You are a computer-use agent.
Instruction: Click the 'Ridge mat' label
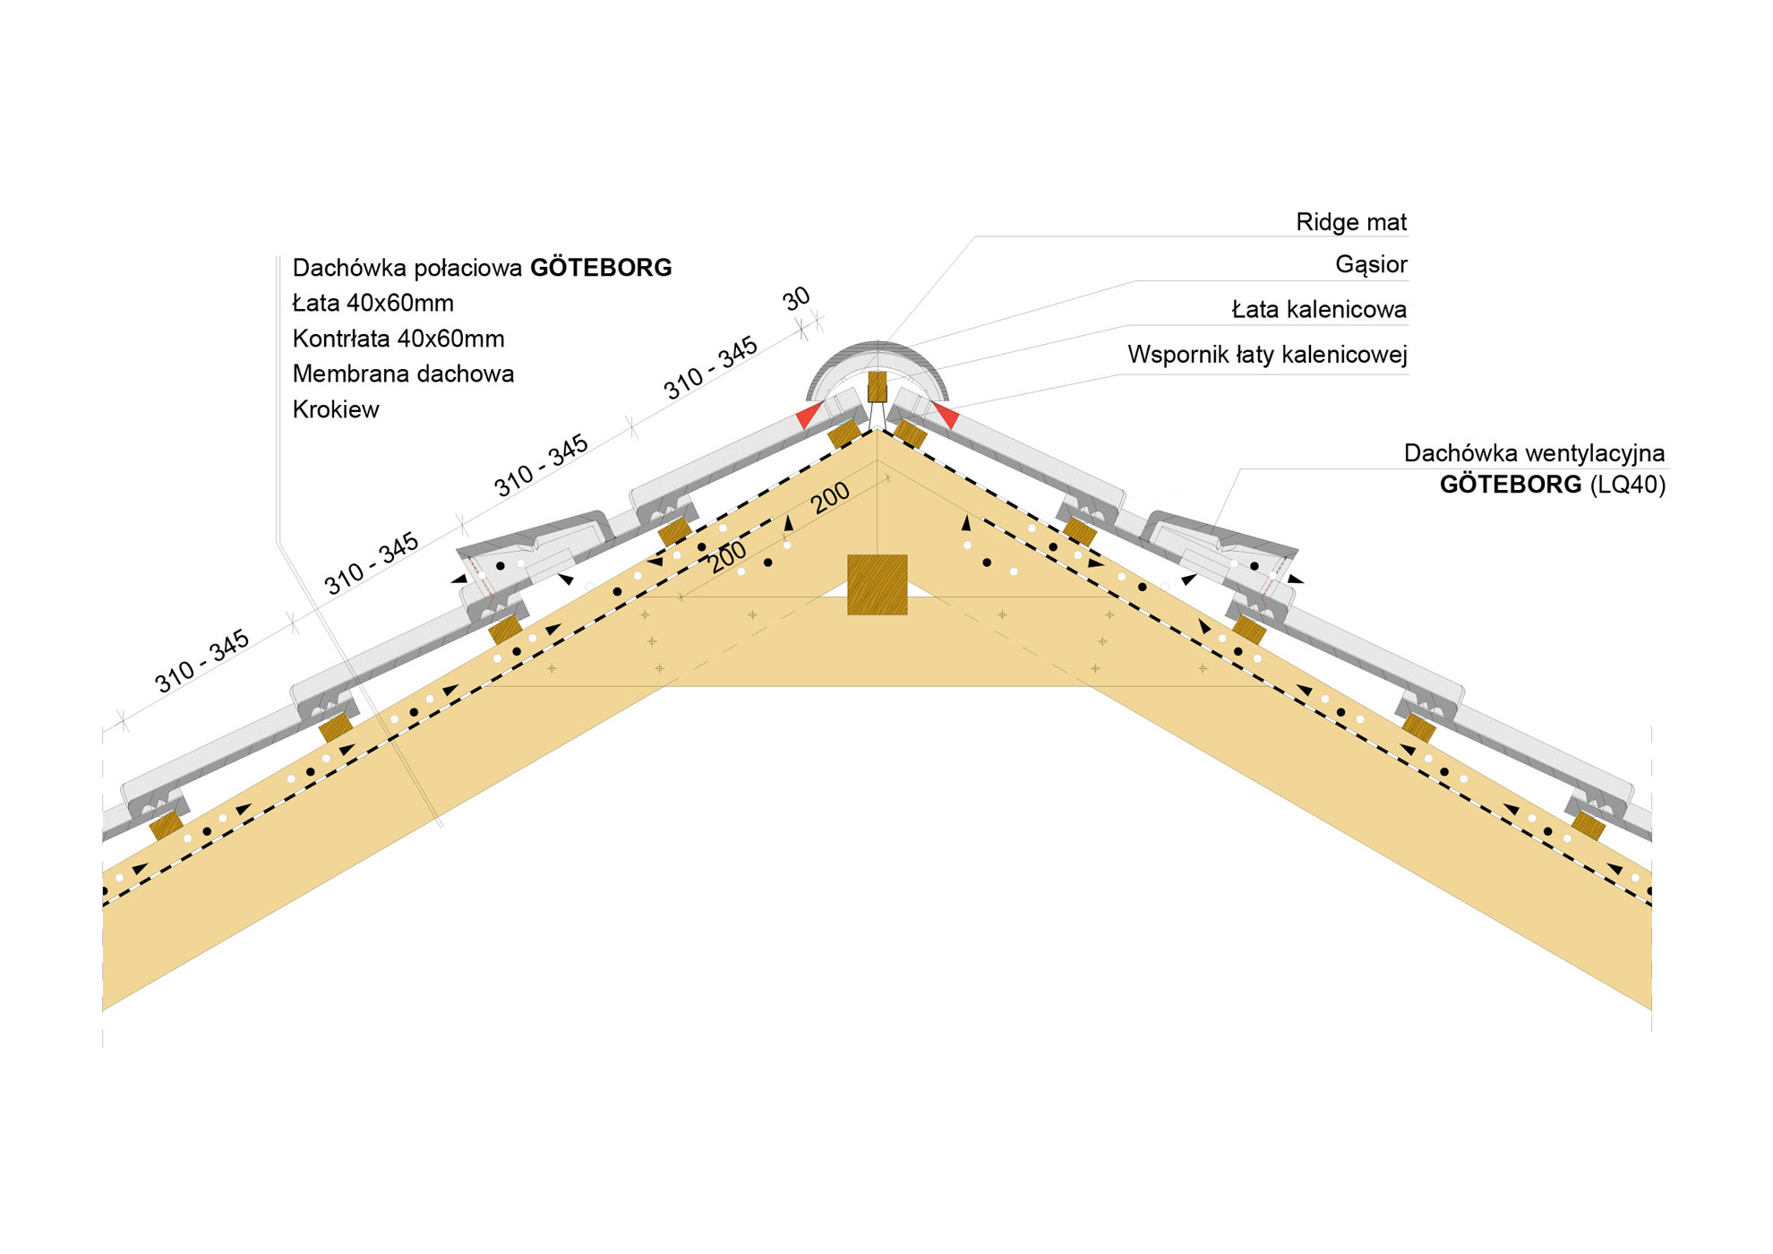coord(1350,222)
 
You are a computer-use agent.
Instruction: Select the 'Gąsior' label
coord(1370,264)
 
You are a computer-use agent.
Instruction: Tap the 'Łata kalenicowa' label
coord(1318,310)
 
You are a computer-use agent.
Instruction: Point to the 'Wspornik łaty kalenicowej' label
coord(1266,355)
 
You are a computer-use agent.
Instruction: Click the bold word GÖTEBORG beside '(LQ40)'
coord(1510,485)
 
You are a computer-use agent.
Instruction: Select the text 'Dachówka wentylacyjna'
coord(1533,453)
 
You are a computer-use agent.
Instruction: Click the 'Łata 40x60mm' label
coord(373,304)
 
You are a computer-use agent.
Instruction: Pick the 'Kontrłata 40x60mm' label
coord(398,339)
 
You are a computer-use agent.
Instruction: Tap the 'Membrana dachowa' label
coord(403,374)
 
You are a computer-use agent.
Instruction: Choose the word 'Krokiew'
coord(336,409)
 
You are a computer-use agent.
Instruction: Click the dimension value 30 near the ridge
coord(796,299)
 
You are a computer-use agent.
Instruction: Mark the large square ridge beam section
coord(877,584)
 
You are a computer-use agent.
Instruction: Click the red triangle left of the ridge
coord(809,415)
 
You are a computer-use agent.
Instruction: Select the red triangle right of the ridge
coord(946,415)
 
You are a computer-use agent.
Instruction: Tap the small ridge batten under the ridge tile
coord(877,387)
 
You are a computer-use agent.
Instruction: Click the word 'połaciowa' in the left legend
coord(468,268)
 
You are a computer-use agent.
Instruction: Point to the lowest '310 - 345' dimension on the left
coord(201,662)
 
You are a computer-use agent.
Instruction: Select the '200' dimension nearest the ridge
coord(830,498)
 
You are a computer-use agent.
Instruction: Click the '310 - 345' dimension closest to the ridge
coord(710,368)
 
